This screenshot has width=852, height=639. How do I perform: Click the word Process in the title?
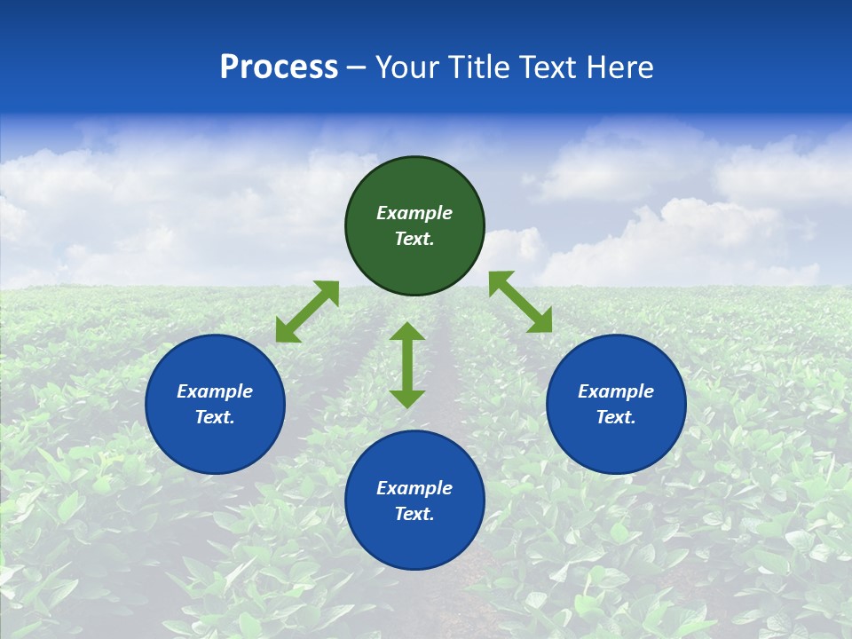click(279, 67)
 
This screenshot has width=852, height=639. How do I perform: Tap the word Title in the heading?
click(480, 67)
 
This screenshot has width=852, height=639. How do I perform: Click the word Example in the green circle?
click(414, 213)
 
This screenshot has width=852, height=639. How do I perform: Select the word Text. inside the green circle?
click(414, 239)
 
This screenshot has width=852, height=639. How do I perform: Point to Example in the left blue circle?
click(215, 391)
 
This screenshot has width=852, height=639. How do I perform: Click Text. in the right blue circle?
click(616, 417)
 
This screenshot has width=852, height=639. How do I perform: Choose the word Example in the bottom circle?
click(414, 488)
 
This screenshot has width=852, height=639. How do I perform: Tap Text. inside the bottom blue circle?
click(414, 514)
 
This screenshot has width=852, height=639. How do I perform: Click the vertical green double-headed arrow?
click(407, 365)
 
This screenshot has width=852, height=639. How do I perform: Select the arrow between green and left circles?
click(307, 312)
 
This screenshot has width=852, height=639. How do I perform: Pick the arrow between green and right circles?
click(520, 302)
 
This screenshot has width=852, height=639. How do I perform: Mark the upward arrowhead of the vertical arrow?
click(407, 331)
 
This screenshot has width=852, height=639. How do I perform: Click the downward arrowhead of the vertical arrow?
click(407, 398)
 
